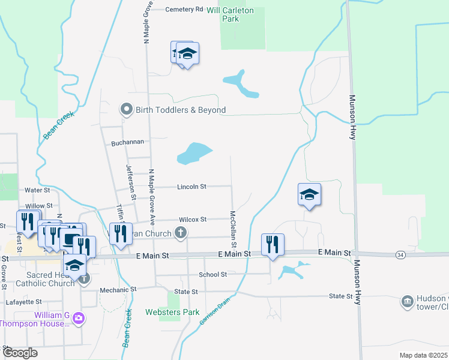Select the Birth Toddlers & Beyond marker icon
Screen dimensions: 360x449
[x=126, y=110]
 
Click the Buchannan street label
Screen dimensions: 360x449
[x=128, y=143]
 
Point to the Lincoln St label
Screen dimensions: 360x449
[x=191, y=187]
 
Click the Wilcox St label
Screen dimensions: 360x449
[x=191, y=220]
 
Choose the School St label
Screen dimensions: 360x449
[x=213, y=274]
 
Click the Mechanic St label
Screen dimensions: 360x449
[x=118, y=289]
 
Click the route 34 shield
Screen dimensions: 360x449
[x=400, y=255]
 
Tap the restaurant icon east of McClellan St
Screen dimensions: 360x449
[x=273, y=244]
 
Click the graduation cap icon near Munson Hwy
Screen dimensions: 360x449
[x=309, y=194]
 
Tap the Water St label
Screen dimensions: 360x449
[x=37, y=190]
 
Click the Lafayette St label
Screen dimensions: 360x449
[x=23, y=302]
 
